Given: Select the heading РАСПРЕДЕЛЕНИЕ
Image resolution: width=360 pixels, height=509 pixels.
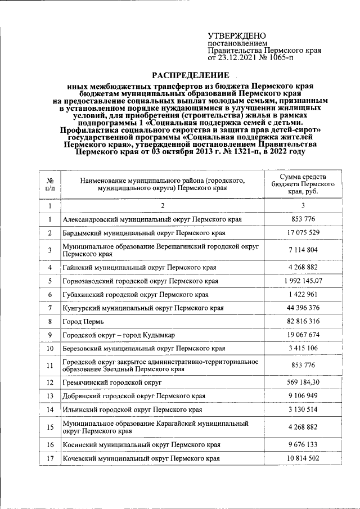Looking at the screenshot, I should pyautogui.click(x=191, y=75).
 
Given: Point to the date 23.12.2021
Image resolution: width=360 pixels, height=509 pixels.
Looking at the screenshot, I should pyautogui.click(x=240, y=57).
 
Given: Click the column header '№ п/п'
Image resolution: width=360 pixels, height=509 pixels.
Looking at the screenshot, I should pyautogui.click(x=49, y=184).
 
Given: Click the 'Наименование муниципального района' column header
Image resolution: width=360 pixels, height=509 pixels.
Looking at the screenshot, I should pyautogui.click(x=163, y=184).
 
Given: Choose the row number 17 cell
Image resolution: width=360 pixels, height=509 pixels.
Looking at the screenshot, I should pyautogui.click(x=49, y=459).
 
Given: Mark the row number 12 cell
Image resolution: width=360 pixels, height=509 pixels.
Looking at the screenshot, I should pyautogui.click(x=49, y=382).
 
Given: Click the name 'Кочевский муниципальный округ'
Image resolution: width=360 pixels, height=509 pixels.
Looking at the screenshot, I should pyautogui.click(x=141, y=459).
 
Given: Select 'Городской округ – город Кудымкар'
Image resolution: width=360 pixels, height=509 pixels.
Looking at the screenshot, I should pyautogui.click(x=119, y=335).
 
